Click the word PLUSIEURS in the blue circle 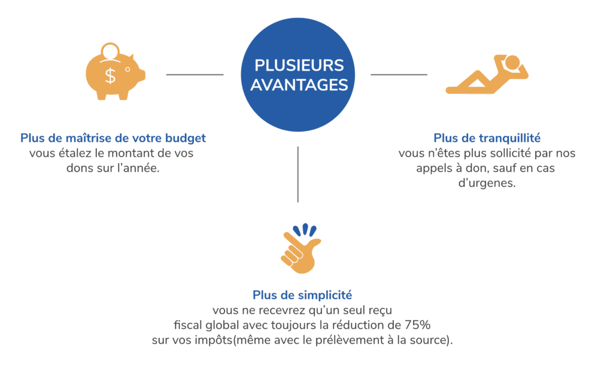click(x=299, y=65)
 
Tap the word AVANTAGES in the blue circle click(x=299, y=85)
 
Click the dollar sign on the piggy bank click(x=111, y=75)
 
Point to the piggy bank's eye click(x=128, y=69)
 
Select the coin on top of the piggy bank click(x=110, y=51)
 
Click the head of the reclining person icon click(x=512, y=63)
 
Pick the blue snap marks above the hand click(x=305, y=230)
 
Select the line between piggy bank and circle click(x=195, y=74)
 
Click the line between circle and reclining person click(x=399, y=74)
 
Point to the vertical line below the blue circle click(x=298, y=174)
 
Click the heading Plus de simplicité click(x=302, y=295)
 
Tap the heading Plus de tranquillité click(x=487, y=138)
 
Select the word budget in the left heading click(x=186, y=138)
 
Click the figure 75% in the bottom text click(x=417, y=325)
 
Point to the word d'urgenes click(x=487, y=183)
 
